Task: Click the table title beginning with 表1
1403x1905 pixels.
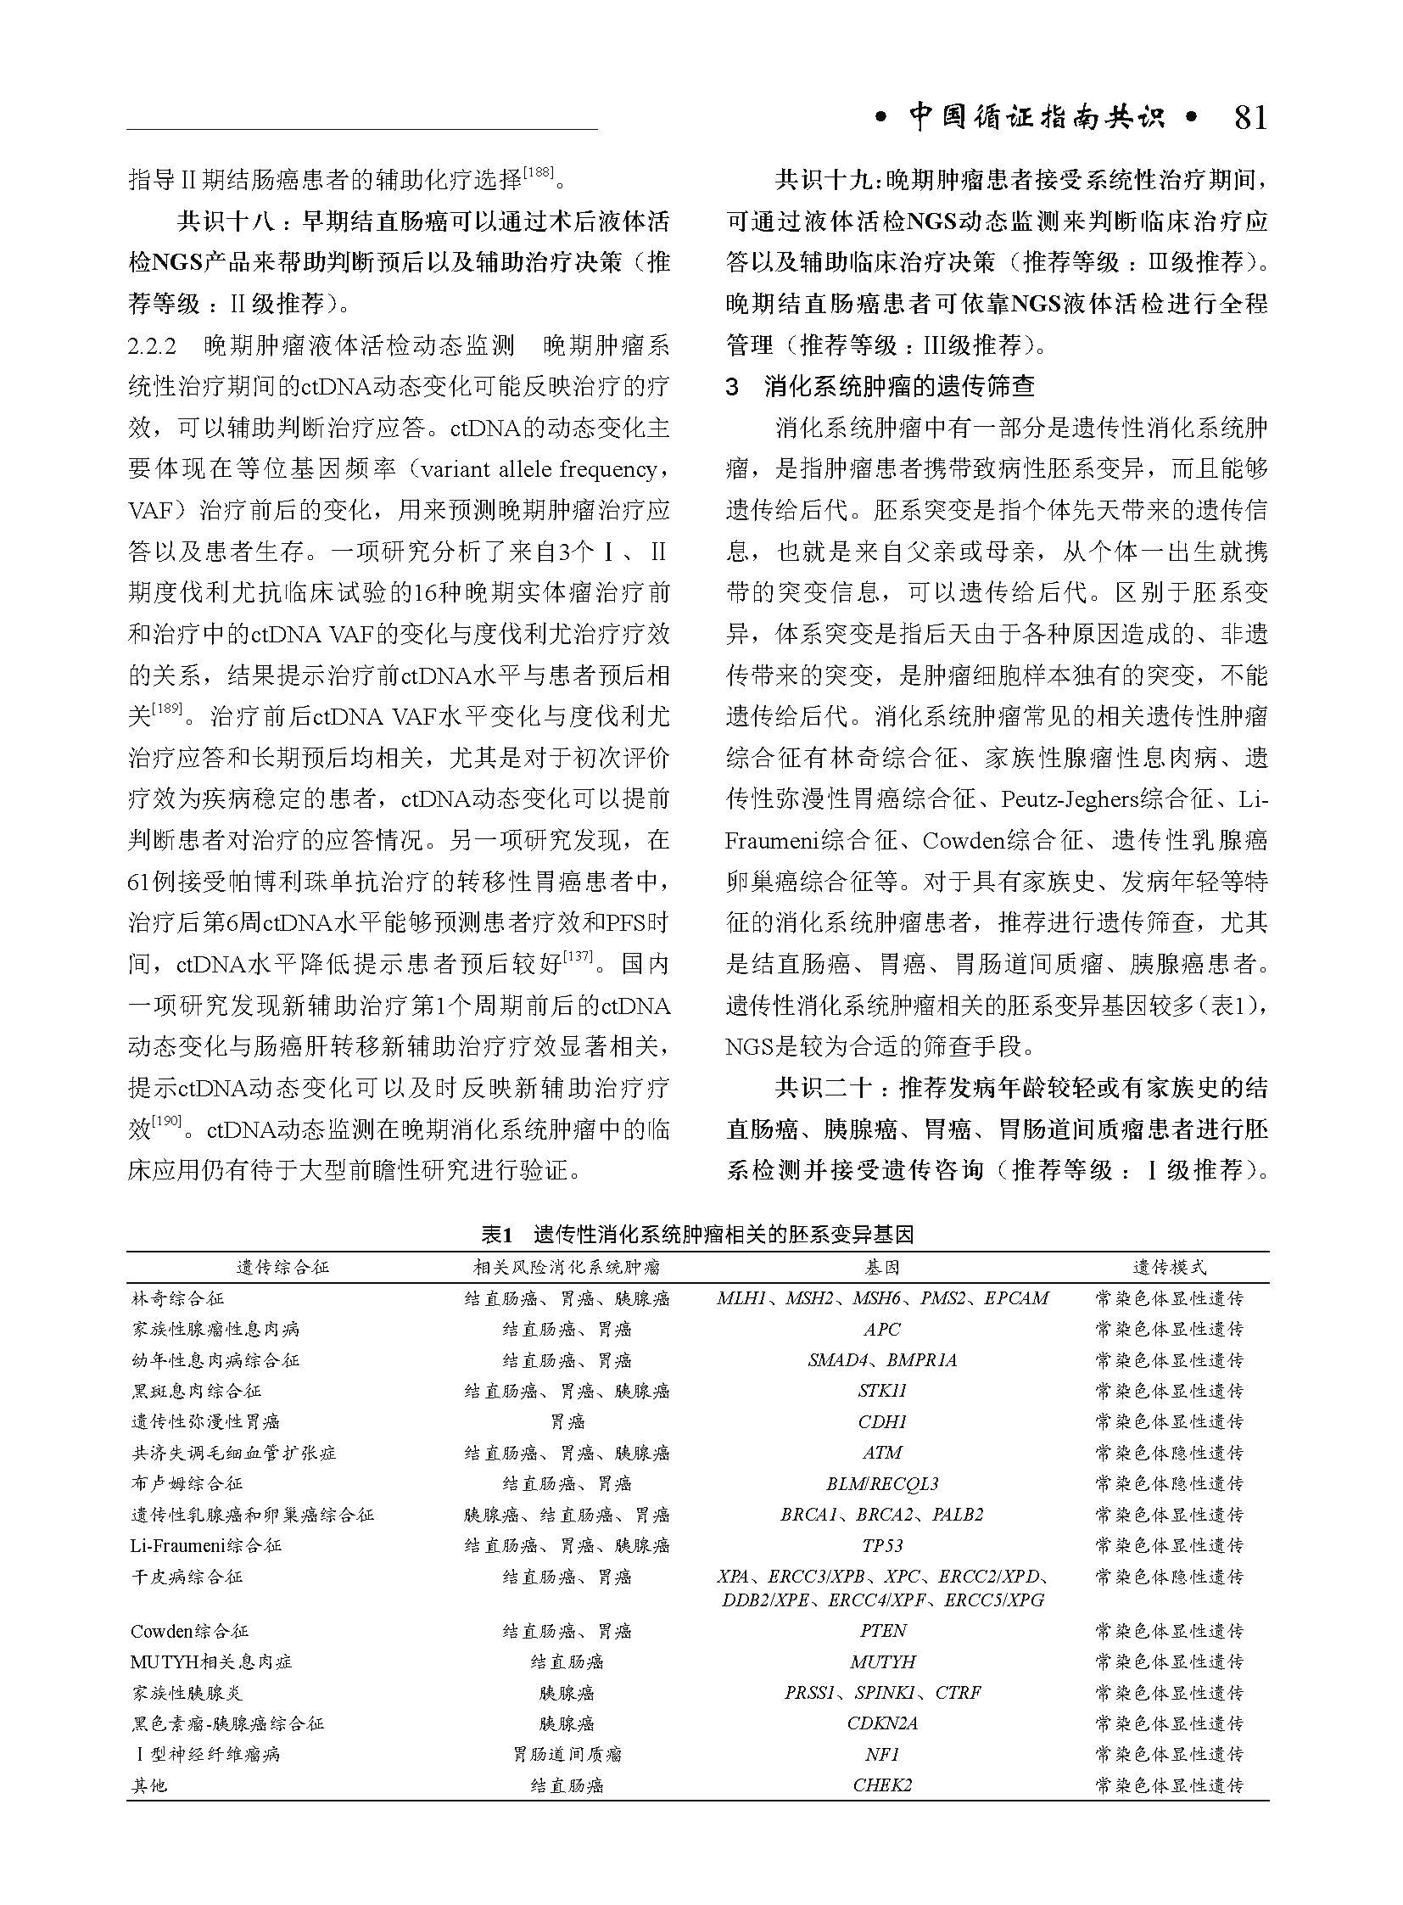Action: (698, 1235)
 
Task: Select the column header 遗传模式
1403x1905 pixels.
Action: (1170, 1267)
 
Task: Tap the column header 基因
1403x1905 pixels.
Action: (882, 1267)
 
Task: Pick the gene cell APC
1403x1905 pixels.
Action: (882, 1329)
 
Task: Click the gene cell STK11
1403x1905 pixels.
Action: (882, 1391)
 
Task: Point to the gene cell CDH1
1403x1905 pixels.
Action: (882, 1421)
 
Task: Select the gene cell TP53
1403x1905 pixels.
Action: (882, 1545)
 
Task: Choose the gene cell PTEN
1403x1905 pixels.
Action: (882, 1631)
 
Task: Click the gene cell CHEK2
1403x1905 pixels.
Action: (882, 1785)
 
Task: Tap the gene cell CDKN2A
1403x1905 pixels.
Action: (882, 1723)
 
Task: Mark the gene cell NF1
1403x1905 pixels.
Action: (882, 1755)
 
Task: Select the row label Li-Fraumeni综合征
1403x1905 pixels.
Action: (206, 1545)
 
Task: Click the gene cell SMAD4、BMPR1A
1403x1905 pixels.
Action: (882, 1360)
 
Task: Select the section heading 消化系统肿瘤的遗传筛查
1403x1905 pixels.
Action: (899, 387)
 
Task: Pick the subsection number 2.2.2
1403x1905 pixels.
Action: (152, 346)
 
